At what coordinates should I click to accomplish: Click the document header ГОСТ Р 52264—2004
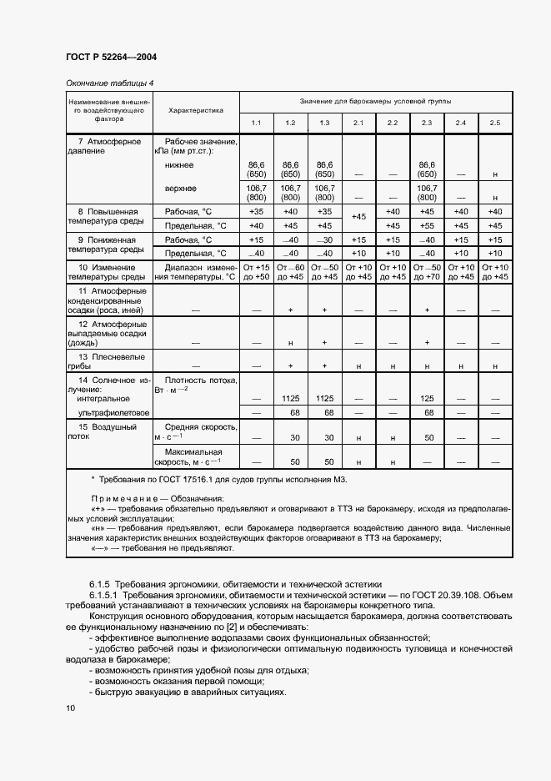[110, 58]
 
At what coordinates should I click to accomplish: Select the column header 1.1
[256, 123]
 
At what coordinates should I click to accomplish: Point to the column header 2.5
[495, 123]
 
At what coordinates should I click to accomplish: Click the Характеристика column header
[196, 109]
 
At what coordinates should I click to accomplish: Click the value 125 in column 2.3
[427, 399]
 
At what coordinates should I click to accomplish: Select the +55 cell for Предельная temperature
[427, 226]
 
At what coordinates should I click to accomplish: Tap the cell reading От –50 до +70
[427, 272]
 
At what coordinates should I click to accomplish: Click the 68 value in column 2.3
[427, 413]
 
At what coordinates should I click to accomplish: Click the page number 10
[70, 708]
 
